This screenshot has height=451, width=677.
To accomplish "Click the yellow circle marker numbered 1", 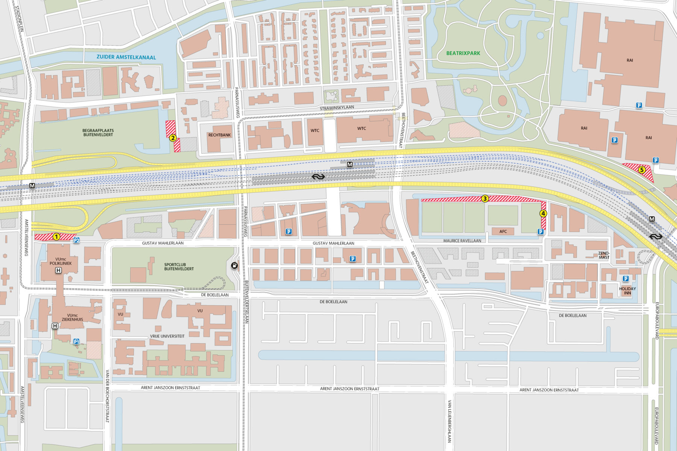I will [x=56, y=237].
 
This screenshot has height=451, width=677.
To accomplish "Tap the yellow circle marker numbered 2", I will [x=173, y=138].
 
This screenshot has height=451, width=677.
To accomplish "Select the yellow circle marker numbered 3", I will [x=485, y=198].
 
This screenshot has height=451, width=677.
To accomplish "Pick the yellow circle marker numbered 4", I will [x=543, y=213].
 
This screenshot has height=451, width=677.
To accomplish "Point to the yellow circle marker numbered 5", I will [x=642, y=170].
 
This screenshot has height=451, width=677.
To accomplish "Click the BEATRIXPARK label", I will [x=463, y=53].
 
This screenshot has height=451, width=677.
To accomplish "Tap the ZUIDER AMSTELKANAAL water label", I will [x=126, y=57].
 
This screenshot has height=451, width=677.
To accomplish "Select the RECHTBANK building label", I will [x=220, y=135].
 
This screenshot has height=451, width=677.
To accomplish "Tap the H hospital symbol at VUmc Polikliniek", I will [x=58, y=270].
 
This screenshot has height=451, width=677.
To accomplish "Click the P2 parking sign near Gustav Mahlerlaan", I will [x=76, y=240].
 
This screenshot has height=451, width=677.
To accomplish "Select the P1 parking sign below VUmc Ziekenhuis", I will [x=76, y=341].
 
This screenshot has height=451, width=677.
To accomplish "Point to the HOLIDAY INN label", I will [x=627, y=291].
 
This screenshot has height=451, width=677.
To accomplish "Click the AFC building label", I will [x=503, y=232].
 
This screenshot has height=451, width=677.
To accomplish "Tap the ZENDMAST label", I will [x=604, y=255].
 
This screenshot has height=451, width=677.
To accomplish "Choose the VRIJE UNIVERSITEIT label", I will [x=167, y=336].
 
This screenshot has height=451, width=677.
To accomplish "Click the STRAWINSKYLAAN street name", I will [x=337, y=108].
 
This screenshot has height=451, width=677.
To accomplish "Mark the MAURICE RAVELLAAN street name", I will [x=462, y=241].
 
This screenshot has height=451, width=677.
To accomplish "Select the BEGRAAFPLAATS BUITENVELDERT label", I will [x=98, y=133].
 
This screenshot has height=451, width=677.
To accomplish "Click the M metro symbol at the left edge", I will [x=32, y=186].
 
